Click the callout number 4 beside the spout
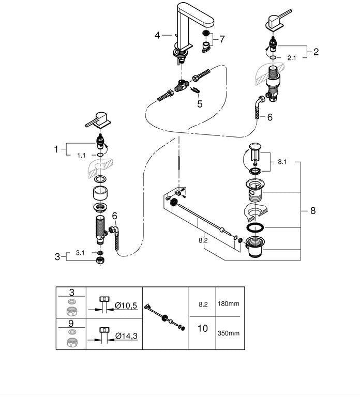(157, 35)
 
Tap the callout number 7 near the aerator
(222, 39)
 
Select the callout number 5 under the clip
(200, 104)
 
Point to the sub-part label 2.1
(292, 58)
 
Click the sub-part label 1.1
(81, 155)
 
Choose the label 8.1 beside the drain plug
(282, 162)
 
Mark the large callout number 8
(313, 211)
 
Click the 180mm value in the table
(228, 303)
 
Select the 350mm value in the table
(228, 333)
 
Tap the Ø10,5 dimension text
(126, 306)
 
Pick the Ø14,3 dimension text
(126, 335)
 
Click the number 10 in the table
(203, 328)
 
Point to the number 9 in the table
(71, 323)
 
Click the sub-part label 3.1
(80, 253)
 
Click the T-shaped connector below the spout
(182, 86)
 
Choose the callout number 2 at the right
(316, 52)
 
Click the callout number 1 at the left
(56, 149)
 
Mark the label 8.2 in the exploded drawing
(203, 240)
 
